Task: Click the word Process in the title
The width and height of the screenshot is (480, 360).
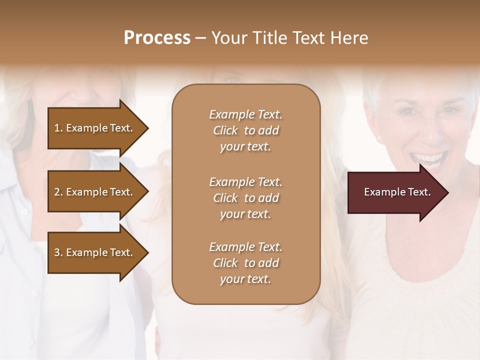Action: point(157,38)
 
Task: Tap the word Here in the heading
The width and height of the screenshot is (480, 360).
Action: point(348,38)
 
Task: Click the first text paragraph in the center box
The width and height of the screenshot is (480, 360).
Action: point(245,130)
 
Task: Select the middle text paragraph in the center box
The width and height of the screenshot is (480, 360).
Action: point(245,198)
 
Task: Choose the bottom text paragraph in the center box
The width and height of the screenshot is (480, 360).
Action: point(245,263)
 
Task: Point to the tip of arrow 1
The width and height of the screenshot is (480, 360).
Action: point(148,128)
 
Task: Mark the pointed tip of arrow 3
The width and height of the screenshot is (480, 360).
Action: point(148,252)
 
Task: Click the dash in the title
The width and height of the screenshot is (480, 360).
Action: point(200,38)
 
